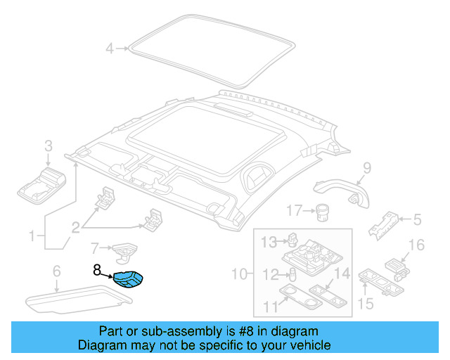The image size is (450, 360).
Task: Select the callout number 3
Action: tap(48, 146)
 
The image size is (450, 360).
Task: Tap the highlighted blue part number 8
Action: tap(129, 279)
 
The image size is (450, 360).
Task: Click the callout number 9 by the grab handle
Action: tap(366, 167)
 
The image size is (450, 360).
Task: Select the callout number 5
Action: tap(417, 220)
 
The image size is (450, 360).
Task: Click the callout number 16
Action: tap(416, 245)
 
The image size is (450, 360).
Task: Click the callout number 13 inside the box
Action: tap(270, 243)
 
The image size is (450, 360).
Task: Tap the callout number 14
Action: tap(342, 274)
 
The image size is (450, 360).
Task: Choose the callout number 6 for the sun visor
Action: tap(56, 271)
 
